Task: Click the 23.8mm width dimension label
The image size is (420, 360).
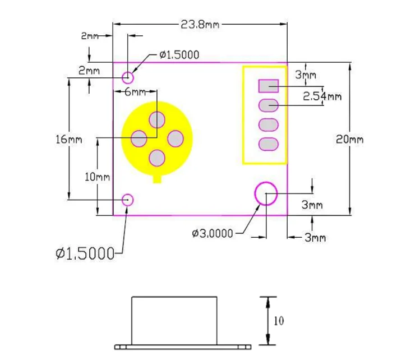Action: pyautogui.click(x=200, y=24)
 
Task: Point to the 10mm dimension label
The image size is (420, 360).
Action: pyautogui.click(x=96, y=177)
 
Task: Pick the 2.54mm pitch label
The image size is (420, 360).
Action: pyautogui.click(x=322, y=96)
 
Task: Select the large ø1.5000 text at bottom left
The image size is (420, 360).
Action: pyautogui.click(x=85, y=253)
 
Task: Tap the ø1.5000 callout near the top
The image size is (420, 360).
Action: pyautogui.click(x=178, y=54)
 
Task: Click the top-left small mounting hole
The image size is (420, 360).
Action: pyautogui.click(x=128, y=76)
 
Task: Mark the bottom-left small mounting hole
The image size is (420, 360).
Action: pyautogui.click(x=128, y=199)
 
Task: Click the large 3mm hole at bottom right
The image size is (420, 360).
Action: pyautogui.click(x=266, y=193)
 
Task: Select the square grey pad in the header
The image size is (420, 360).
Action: pyautogui.click(x=269, y=86)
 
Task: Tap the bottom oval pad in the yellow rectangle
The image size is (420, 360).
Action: pyautogui.click(x=269, y=144)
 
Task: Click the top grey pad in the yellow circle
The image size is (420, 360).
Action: pyautogui.click(x=157, y=119)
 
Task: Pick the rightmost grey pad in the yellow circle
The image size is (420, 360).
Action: pyautogui.click(x=176, y=139)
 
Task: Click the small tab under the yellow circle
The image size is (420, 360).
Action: pyautogui.click(x=158, y=179)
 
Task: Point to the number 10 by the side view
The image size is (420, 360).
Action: pyautogui.click(x=279, y=321)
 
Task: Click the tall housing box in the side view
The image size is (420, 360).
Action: pyautogui.click(x=174, y=320)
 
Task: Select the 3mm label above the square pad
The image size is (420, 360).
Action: pyautogui.click(x=306, y=75)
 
